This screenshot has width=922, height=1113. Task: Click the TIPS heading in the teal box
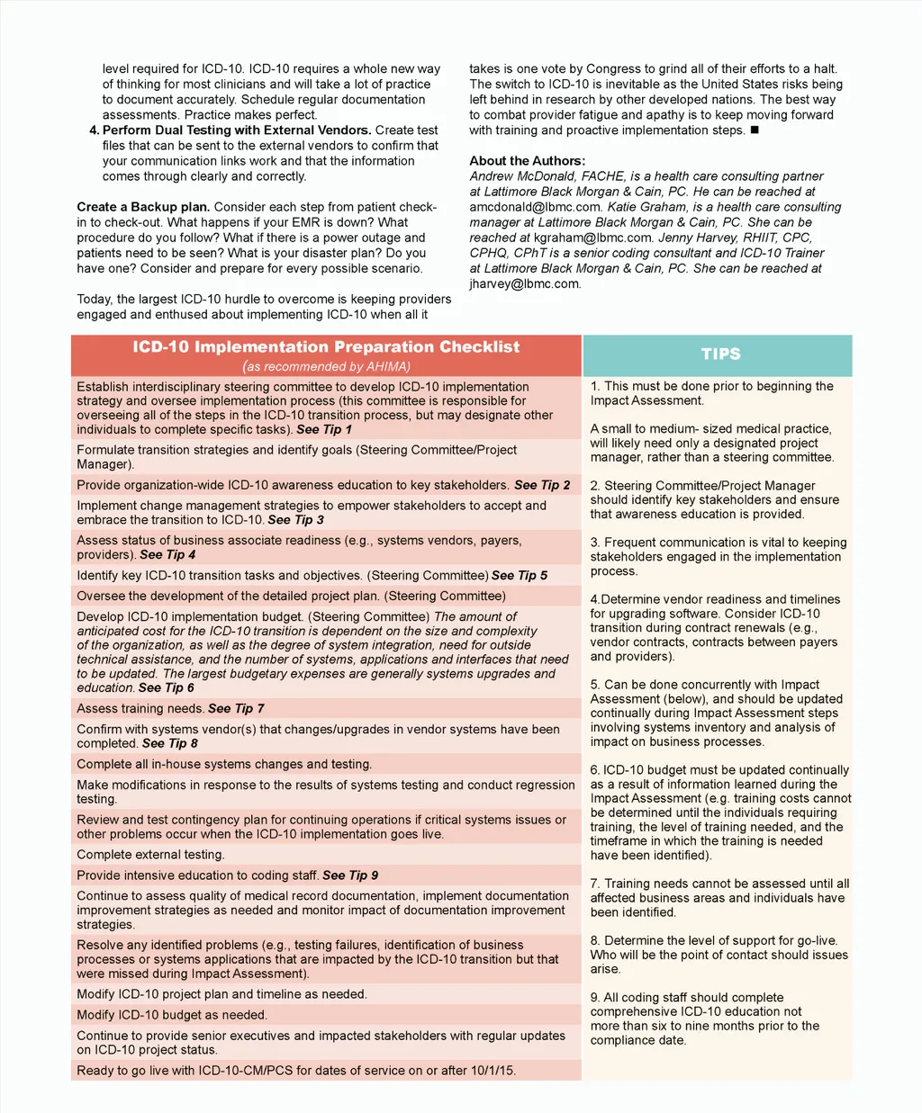[720, 355]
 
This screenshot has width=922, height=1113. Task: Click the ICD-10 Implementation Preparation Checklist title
[326, 347]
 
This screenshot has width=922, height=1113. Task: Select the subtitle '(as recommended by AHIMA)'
[326, 367]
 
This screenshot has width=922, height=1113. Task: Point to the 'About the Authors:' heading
[527, 161]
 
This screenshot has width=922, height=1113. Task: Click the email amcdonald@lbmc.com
[535, 207]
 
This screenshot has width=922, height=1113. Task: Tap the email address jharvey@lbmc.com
[525, 283]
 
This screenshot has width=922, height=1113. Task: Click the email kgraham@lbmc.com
[593, 238]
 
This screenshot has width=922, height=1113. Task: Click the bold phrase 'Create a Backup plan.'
[143, 207]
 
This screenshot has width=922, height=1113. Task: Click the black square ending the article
[755, 130]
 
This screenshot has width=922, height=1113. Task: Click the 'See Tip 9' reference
[350, 875]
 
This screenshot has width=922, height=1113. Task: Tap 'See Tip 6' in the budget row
[167, 688]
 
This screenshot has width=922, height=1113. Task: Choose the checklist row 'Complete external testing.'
[150, 855]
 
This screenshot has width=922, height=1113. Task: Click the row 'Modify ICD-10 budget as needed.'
[172, 1015]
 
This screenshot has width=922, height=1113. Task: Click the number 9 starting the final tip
[594, 998]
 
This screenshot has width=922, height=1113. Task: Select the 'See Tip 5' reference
[520, 576]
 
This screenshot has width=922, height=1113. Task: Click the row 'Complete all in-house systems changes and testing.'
[224, 765]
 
